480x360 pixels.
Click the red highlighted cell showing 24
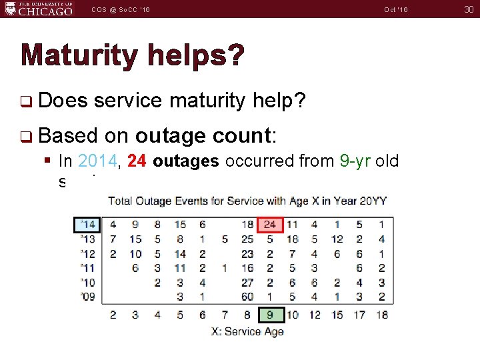pos(270,225)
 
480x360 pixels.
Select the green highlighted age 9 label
pos(270,314)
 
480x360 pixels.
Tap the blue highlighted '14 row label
pos(87,225)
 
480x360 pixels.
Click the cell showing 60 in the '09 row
pos(247,297)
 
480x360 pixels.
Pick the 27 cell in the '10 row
pos(247,282)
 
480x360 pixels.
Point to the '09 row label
pos(87,297)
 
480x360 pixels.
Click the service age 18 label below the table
pos(381,314)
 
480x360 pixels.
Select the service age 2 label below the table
pos(113,314)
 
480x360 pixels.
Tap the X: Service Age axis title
pos(247,331)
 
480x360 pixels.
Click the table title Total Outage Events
pos(247,200)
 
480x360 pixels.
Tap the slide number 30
pos(467,9)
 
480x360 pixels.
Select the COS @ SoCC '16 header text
pos(121,9)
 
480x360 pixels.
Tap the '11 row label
pos(87,268)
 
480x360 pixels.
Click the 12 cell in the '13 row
pos(337,239)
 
